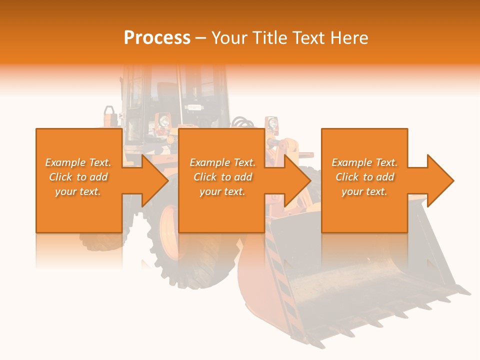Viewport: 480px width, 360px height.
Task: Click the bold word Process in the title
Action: click(157, 38)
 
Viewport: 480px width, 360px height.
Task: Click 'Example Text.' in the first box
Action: click(78, 162)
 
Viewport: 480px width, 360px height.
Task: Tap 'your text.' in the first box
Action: click(78, 191)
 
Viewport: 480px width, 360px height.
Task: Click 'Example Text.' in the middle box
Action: click(222, 162)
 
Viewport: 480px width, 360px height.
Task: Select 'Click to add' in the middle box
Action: click(222, 177)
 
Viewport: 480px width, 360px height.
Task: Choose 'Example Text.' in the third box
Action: click(364, 162)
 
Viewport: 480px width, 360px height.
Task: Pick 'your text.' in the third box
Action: click(364, 191)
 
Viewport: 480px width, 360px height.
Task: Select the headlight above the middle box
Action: click(163, 120)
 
